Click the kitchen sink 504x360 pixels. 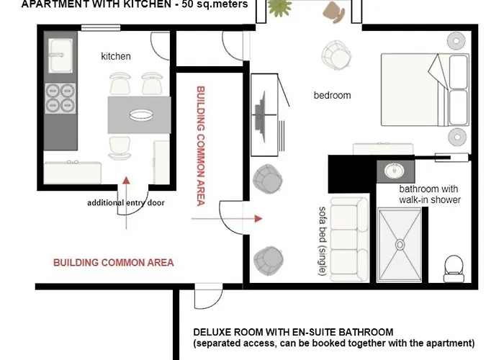click(x=60, y=56)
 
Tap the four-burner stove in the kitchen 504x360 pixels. click(x=60, y=98)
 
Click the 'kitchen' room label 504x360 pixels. click(x=116, y=56)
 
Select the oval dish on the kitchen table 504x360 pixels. click(x=141, y=114)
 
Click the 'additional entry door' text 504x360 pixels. click(x=126, y=203)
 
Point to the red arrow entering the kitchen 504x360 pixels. click(x=126, y=202)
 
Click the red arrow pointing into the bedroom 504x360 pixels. click(x=227, y=219)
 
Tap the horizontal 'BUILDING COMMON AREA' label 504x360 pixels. click(x=114, y=263)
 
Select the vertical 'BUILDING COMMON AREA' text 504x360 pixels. click(x=201, y=145)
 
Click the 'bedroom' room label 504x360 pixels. click(x=332, y=95)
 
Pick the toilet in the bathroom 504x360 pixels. click(x=454, y=269)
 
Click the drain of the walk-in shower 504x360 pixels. click(x=400, y=245)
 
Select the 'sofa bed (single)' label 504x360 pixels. click(x=323, y=240)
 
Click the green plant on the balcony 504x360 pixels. click(x=279, y=7)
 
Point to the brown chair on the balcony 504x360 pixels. click(x=334, y=12)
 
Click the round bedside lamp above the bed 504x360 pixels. click(x=456, y=41)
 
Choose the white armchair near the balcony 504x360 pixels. click(x=336, y=55)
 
